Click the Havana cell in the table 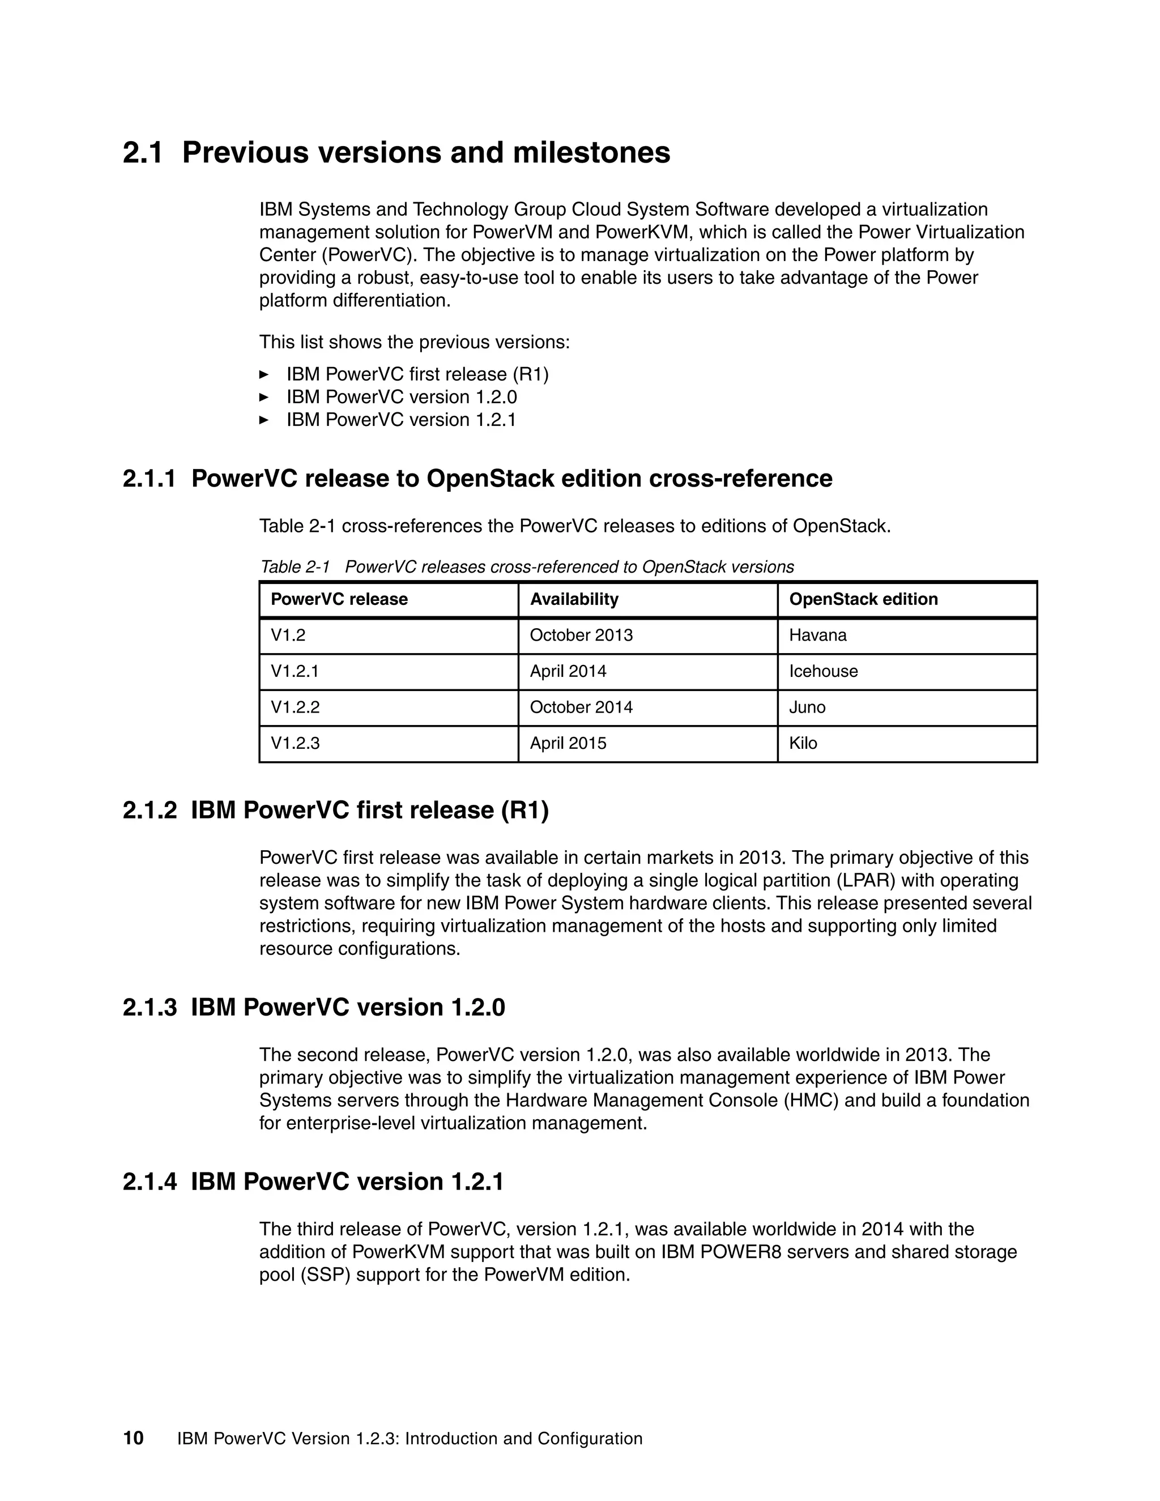point(817,635)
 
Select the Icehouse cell point(822,671)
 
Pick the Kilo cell point(803,743)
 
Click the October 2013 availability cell point(581,635)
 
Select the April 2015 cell point(568,743)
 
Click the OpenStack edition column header point(863,599)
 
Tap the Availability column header point(574,599)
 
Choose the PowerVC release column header point(339,599)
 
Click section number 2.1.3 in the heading point(149,1008)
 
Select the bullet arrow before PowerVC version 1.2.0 point(263,397)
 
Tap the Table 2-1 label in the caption point(295,567)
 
